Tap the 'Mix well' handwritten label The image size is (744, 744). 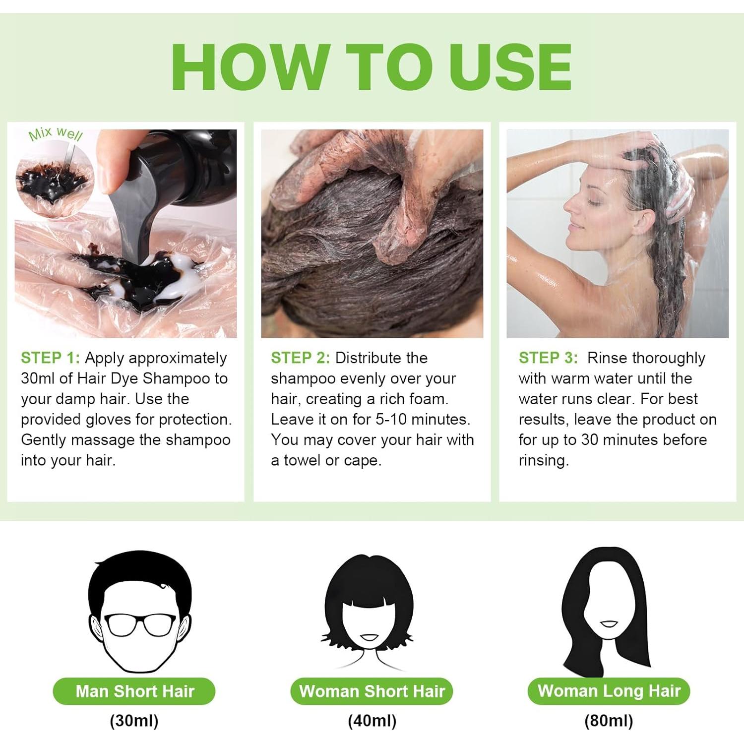tap(56, 133)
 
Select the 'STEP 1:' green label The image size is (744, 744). tap(50, 358)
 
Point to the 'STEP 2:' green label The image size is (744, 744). tap(300, 358)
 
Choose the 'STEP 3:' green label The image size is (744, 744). tap(548, 358)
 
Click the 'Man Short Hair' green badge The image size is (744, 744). tap(134, 691)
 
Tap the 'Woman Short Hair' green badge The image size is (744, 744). tap(372, 691)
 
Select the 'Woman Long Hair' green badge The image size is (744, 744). tap(609, 690)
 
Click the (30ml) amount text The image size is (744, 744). tap(134, 721)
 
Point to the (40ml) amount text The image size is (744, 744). tap(372, 721)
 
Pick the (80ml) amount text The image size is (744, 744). tap(609, 721)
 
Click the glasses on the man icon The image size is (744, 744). tap(140, 624)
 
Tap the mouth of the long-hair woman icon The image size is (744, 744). tap(610, 623)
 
